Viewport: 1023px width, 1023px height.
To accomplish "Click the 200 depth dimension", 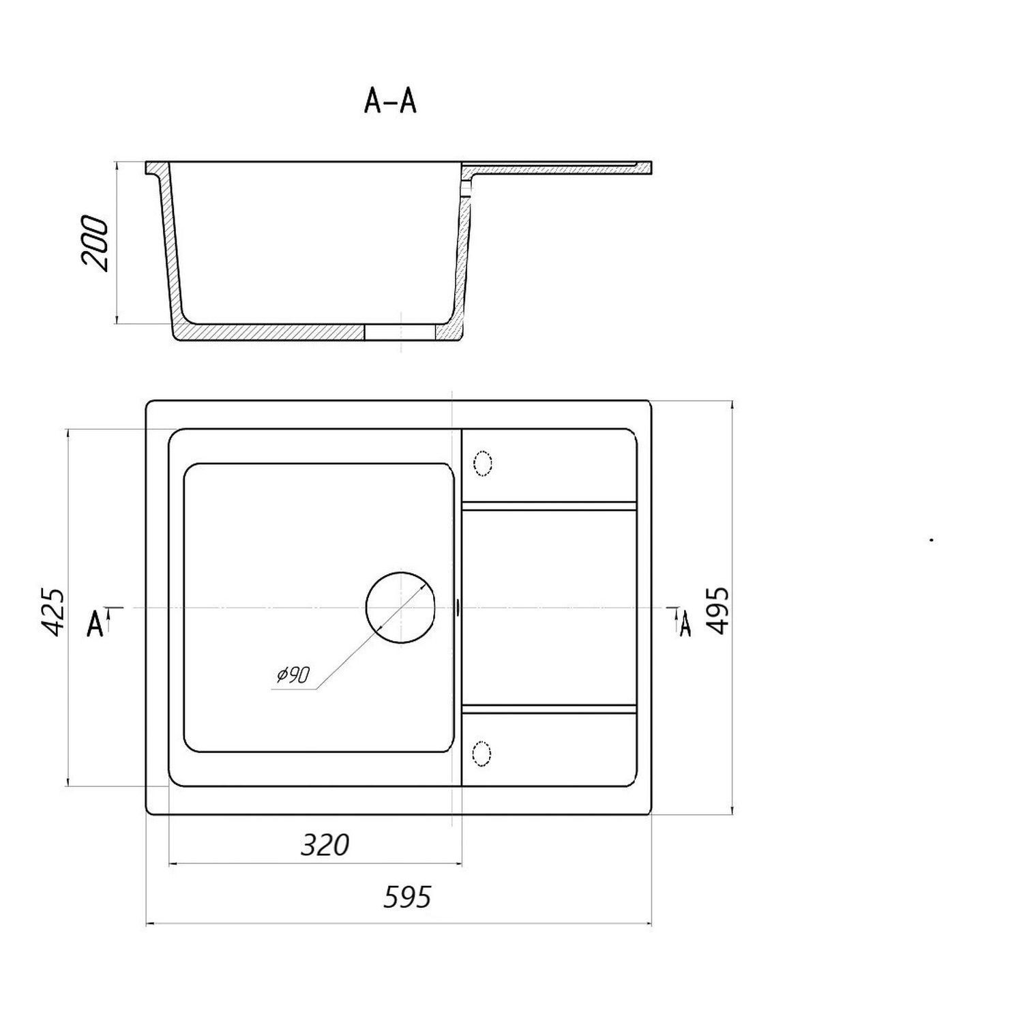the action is tap(95, 244).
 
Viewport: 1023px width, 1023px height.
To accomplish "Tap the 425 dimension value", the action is tap(53, 612).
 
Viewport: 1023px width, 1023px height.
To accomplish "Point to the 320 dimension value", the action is tap(325, 845).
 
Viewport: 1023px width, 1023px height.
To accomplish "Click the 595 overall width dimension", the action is tap(407, 897).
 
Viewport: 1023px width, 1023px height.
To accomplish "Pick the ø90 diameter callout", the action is tap(293, 675).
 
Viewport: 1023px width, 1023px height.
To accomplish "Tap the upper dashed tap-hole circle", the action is tap(483, 463).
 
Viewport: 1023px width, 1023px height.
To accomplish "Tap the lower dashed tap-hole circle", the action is tap(482, 754).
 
